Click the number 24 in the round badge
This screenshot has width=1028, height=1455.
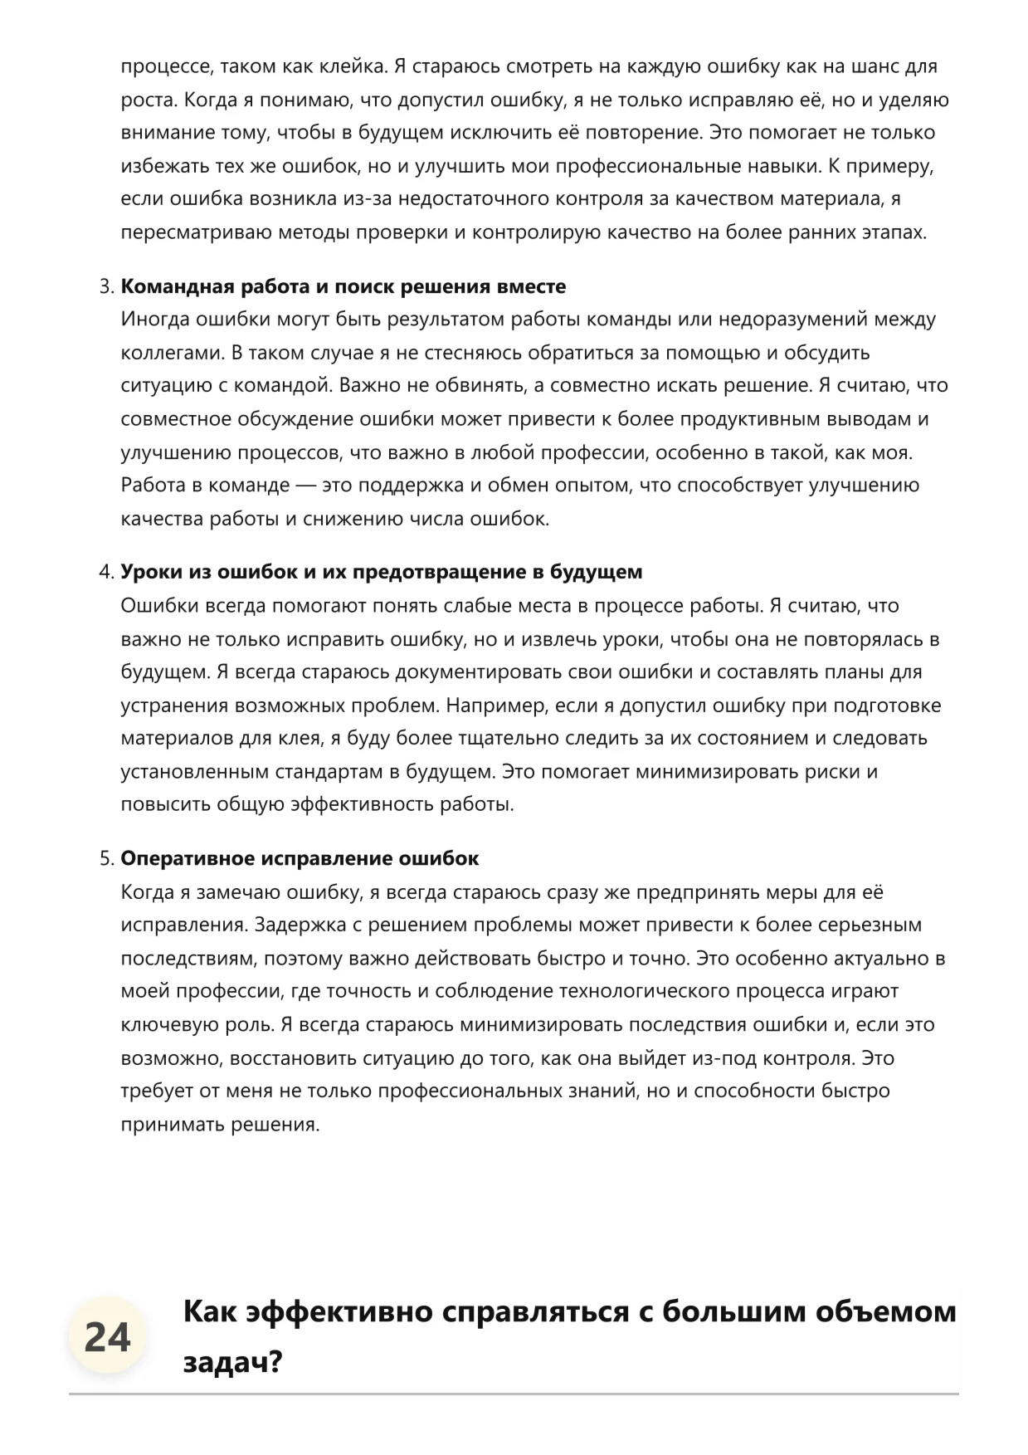pos(107,1337)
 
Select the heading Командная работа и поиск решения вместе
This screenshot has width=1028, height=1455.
pos(343,286)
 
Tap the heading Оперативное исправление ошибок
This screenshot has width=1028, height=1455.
pos(300,858)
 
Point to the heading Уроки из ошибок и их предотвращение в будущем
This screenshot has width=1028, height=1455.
pos(382,572)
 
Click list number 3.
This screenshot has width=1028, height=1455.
pos(105,286)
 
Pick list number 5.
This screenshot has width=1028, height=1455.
pos(105,858)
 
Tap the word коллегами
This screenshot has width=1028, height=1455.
pos(170,353)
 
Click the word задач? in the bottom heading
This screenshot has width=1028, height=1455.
pos(233,1362)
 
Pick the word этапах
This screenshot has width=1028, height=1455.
pos(893,232)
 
